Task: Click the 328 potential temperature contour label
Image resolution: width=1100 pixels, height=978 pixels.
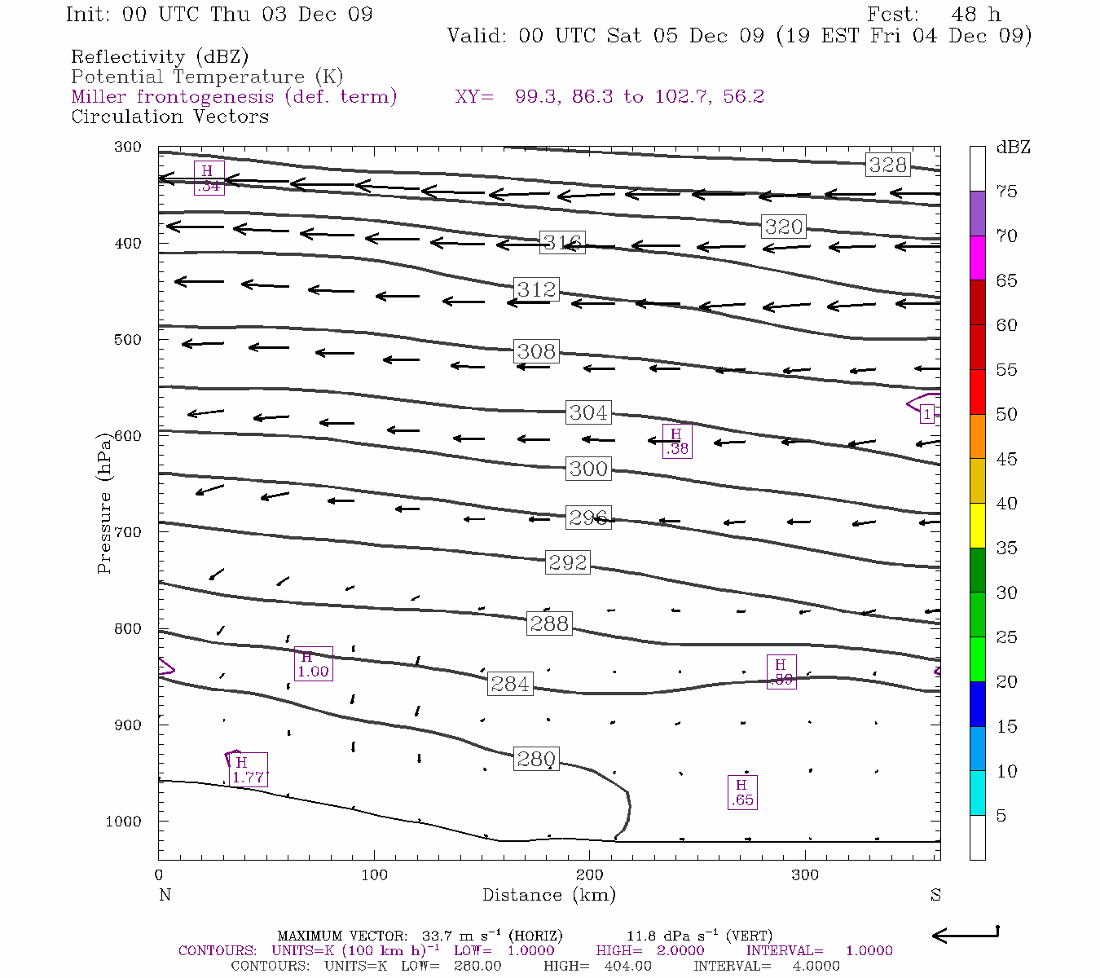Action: [x=887, y=165]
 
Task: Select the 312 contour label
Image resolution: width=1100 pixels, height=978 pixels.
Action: [x=536, y=289]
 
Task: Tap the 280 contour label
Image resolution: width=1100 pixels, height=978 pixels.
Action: [x=536, y=760]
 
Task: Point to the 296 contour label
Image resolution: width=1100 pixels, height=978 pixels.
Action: [x=588, y=518]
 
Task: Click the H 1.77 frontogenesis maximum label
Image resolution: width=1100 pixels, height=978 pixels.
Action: [x=248, y=769]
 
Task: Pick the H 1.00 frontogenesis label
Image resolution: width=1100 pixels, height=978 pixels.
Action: [x=313, y=663]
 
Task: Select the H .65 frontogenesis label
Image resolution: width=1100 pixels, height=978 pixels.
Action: [x=741, y=792]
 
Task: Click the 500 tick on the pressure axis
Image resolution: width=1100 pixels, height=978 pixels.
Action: [x=128, y=340]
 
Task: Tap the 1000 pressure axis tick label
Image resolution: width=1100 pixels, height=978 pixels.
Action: [x=124, y=822]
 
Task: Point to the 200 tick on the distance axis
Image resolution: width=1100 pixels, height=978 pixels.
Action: [x=590, y=874]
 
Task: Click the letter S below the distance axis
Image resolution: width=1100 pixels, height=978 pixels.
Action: [x=935, y=895]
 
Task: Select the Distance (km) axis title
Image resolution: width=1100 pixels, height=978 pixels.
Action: [x=548, y=895]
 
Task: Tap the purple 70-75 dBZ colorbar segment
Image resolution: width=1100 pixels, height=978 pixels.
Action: [x=977, y=214]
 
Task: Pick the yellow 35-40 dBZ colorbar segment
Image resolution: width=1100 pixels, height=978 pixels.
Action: [x=977, y=526]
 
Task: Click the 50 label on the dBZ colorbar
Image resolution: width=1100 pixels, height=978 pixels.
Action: [x=1006, y=414]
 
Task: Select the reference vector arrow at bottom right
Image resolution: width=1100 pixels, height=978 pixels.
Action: [x=965, y=935]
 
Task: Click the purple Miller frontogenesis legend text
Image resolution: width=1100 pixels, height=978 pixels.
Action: [x=234, y=96]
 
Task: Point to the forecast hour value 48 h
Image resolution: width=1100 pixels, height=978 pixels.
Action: [x=975, y=15]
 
